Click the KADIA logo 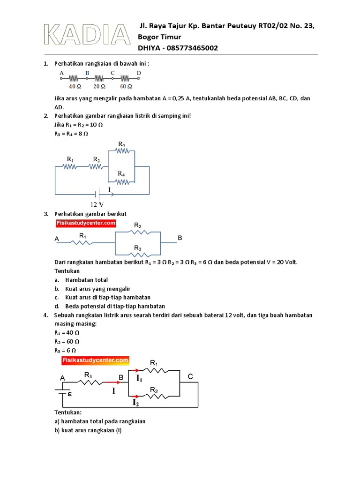87,35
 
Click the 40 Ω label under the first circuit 75,87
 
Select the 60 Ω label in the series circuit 126,87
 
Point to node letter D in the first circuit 139,73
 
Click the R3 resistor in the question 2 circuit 121,151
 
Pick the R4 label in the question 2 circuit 121,173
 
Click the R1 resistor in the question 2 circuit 69,166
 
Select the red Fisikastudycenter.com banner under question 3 85,224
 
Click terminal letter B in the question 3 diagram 180,239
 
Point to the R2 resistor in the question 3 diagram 137,232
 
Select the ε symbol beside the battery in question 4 69,394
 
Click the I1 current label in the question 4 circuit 139,378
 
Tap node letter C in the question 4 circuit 190,376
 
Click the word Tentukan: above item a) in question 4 68,412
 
